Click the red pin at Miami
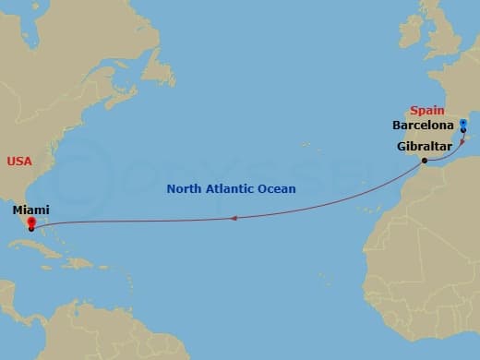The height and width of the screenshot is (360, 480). [30, 222]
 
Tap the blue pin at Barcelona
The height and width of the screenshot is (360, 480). [463, 123]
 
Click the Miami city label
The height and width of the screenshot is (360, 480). [30, 210]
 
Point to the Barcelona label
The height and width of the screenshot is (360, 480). [423, 125]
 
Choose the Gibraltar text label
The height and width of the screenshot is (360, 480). [424, 146]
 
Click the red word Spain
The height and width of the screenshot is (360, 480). [428, 110]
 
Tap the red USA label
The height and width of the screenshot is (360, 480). [19, 161]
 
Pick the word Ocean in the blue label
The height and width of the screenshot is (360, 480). [277, 189]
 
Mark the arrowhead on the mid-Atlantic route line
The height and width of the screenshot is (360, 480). [234, 219]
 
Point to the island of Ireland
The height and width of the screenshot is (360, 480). [414, 34]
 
